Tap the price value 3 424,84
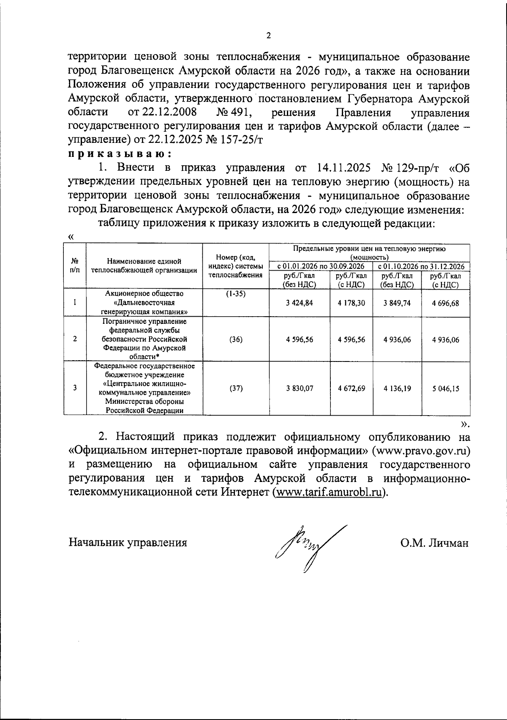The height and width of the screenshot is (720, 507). point(300,303)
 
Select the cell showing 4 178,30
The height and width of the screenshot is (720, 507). point(351,303)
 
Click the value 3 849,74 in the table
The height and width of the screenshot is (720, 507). point(397,303)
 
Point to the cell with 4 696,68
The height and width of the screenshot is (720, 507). point(445,303)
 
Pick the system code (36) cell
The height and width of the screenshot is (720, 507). point(236,339)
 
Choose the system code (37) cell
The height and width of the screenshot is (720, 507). point(236,388)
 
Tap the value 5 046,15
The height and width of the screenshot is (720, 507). point(445,388)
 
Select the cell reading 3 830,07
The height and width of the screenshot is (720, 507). point(300,388)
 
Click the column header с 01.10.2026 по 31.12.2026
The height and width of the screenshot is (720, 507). point(421,266)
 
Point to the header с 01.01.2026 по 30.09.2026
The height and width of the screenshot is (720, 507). point(321,266)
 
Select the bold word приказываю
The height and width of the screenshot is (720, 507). point(120,153)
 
